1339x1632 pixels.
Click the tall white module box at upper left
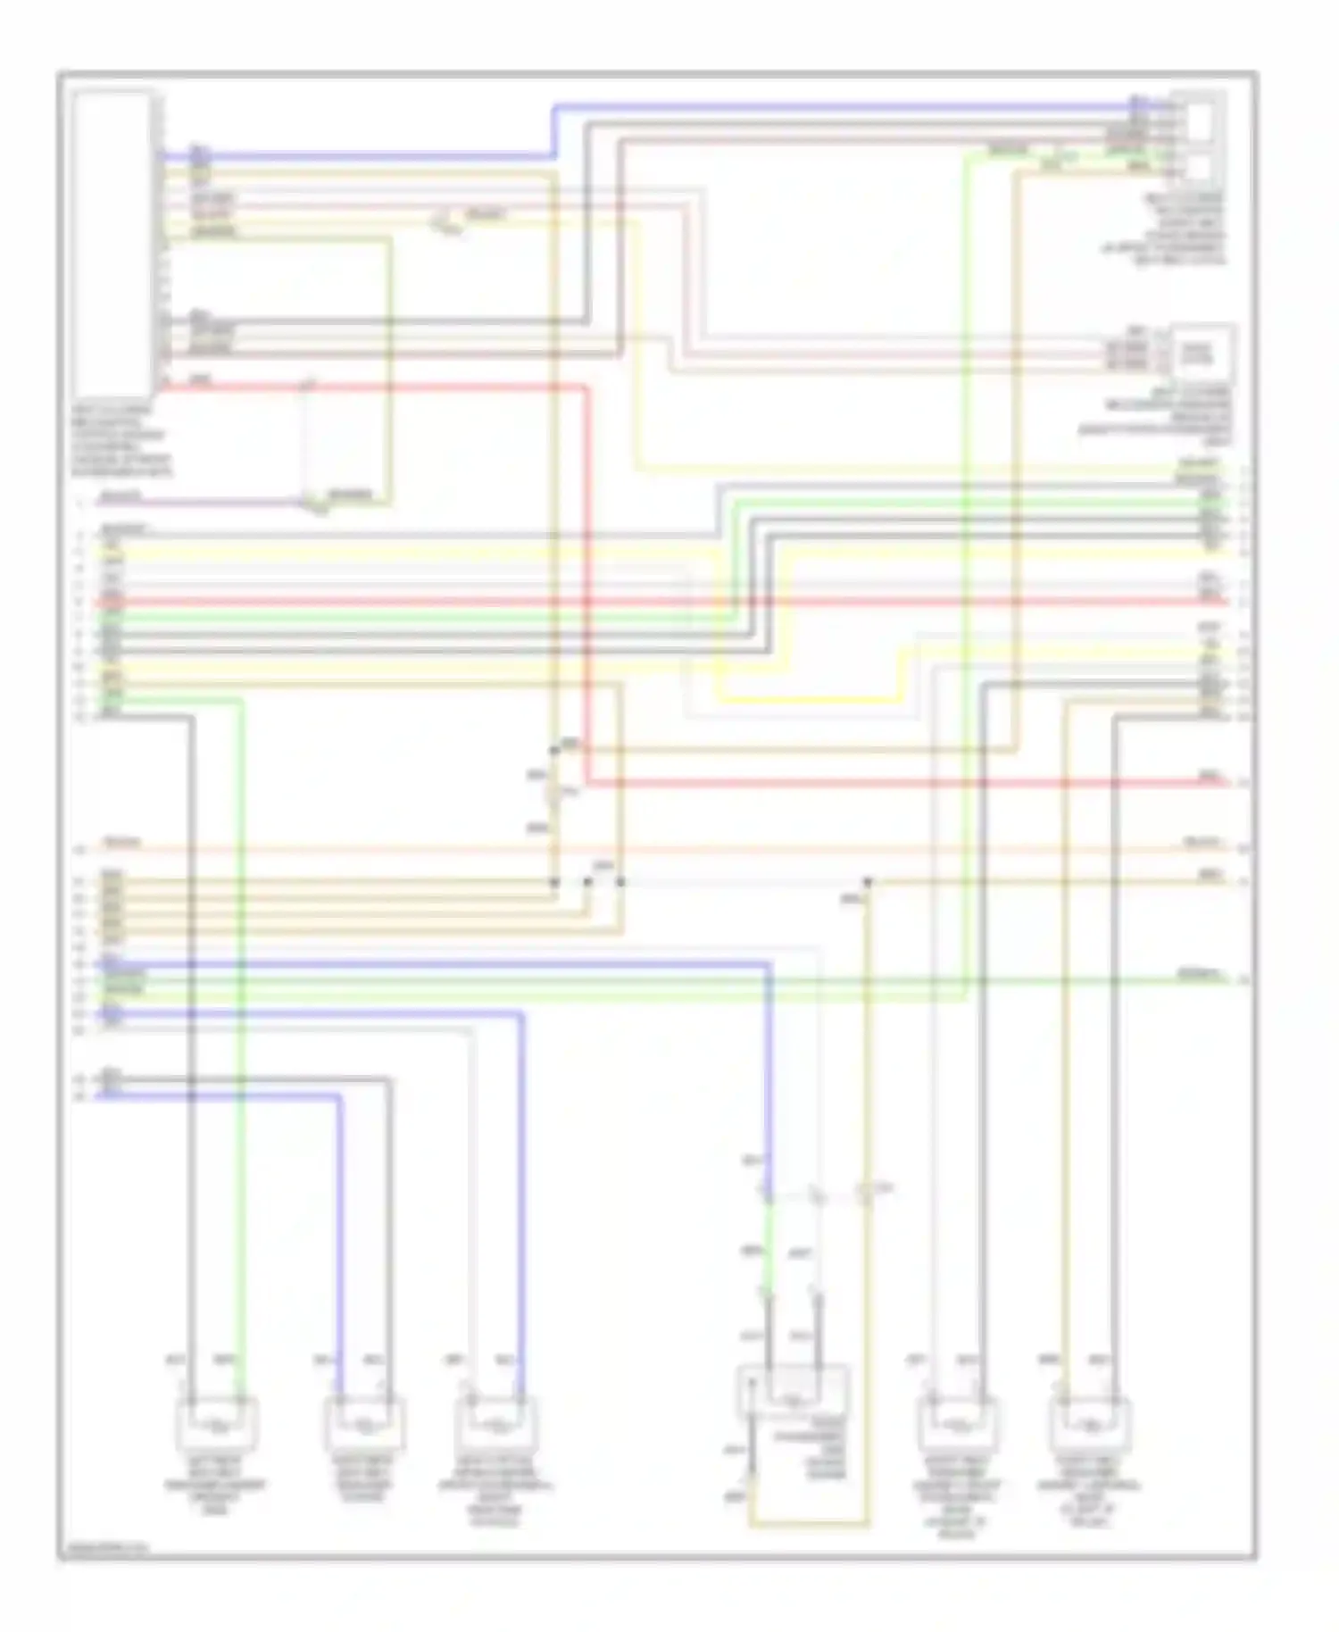pyautogui.click(x=112, y=246)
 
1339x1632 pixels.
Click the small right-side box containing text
pyautogui.click(x=1202, y=352)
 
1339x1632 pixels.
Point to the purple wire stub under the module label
pyautogui.click(x=196, y=503)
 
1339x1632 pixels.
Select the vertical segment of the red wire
pyautogui.click(x=588, y=580)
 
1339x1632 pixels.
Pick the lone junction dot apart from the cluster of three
pyautogui.click(x=867, y=882)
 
